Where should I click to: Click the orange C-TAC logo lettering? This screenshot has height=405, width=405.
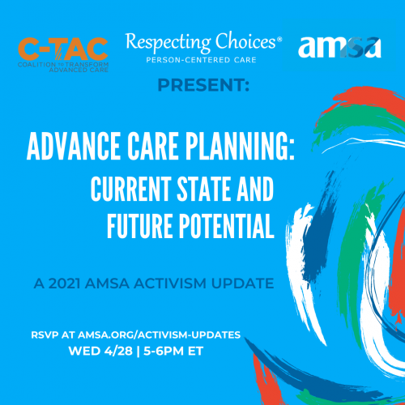point(63,49)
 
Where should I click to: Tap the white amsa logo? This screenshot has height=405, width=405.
point(339,47)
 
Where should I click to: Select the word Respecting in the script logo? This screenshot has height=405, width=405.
point(168,42)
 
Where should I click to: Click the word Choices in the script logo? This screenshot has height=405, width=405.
point(245,40)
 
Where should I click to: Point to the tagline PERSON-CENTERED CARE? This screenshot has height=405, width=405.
point(201,60)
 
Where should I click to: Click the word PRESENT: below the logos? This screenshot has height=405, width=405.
point(203,85)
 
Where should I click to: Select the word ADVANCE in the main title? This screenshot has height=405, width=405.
point(74,146)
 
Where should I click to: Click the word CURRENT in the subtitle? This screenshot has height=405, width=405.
point(131,189)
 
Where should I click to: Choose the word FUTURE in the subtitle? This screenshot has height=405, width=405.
point(139,226)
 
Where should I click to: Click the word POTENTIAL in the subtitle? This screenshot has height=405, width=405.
point(227,226)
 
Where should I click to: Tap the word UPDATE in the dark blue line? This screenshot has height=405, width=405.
point(242,283)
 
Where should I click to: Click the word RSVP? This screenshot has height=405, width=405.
point(45,335)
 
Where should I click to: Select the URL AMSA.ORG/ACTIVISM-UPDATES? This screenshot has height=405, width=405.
point(159,335)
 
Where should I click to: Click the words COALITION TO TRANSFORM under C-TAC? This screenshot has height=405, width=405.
point(63,65)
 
